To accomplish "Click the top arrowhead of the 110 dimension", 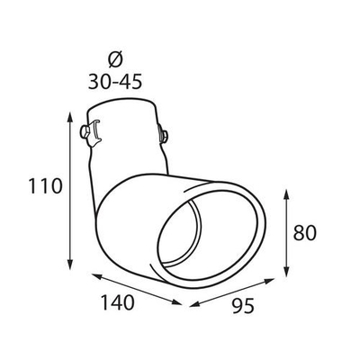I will click(x=71, y=116).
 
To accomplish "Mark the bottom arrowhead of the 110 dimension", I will click(x=71, y=266).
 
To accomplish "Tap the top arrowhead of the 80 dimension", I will click(x=286, y=192).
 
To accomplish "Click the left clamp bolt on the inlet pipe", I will click(x=87, y=134).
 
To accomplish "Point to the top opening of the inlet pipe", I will click(x=126, y=112).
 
